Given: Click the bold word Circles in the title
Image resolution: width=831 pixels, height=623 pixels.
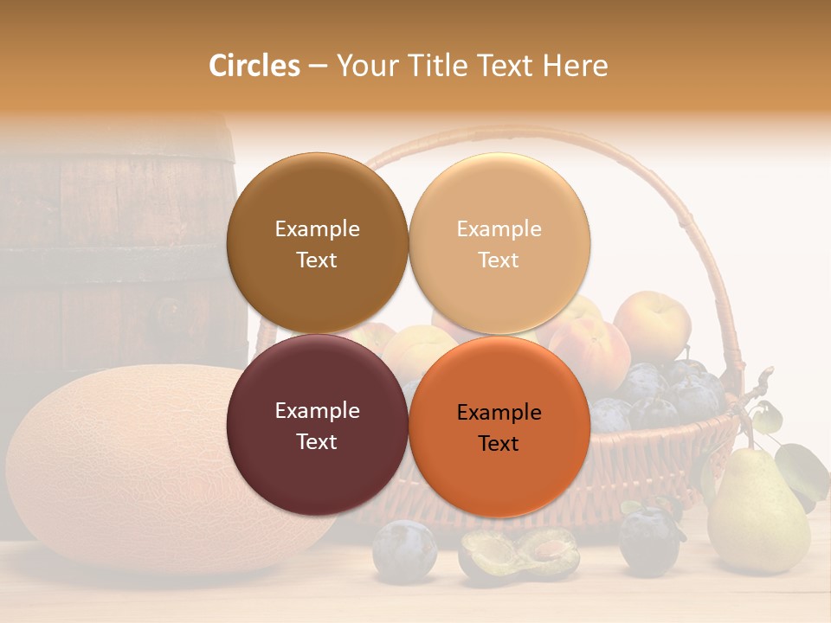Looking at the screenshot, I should (254, 66).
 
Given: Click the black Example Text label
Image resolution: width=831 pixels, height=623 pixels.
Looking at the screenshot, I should (499, 427).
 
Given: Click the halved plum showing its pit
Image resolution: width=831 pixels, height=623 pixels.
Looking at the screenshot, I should (519, 554).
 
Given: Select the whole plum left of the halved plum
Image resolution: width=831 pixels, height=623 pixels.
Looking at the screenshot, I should (404, 549).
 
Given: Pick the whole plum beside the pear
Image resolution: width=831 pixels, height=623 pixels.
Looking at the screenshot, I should (649, 541).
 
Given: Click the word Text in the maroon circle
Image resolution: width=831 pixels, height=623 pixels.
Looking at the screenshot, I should (317, 441).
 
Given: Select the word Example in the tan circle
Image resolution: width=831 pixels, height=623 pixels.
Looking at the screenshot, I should (499, 228).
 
